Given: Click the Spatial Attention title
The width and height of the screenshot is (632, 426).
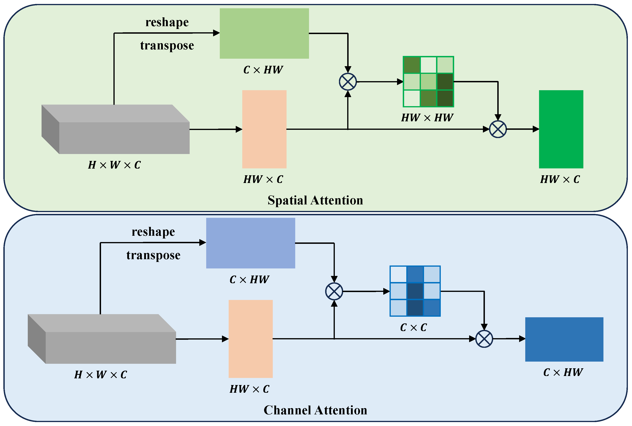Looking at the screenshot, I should point(315,200).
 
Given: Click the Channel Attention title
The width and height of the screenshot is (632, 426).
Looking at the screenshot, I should point(315,410).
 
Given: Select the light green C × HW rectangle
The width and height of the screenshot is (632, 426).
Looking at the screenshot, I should point(264,33).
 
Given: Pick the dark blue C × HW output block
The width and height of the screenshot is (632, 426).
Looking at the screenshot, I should point(564,339).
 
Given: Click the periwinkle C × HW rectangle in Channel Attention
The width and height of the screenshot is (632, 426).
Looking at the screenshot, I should point(250,243).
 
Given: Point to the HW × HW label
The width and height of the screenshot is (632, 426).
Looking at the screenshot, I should point(427,118).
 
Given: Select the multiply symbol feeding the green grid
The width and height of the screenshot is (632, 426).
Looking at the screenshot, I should point(348,82).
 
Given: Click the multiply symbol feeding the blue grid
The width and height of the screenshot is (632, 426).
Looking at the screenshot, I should point(334,291).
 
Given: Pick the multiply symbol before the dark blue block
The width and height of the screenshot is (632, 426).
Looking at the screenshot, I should point(484,339).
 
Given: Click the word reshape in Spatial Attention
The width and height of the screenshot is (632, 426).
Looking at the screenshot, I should point(167,22).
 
